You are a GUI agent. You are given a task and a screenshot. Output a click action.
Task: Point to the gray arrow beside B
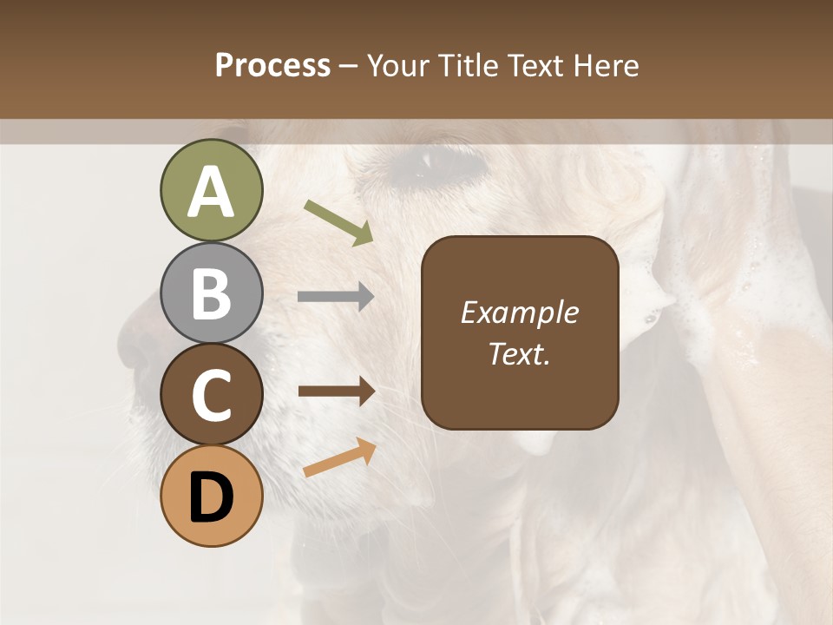[x=336, y=297]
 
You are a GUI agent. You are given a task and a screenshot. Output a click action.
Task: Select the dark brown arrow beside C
[x=336, y=391]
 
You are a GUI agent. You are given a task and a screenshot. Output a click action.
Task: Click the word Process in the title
[x=272, y=65]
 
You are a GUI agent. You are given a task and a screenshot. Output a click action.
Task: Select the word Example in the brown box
[x=519, y=312]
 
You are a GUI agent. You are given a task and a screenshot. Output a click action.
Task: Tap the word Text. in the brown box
[x=519, y=354]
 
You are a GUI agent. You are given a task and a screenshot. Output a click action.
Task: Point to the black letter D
[x=211, y=498]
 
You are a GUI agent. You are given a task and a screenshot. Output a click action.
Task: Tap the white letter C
[x=211, y=396]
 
